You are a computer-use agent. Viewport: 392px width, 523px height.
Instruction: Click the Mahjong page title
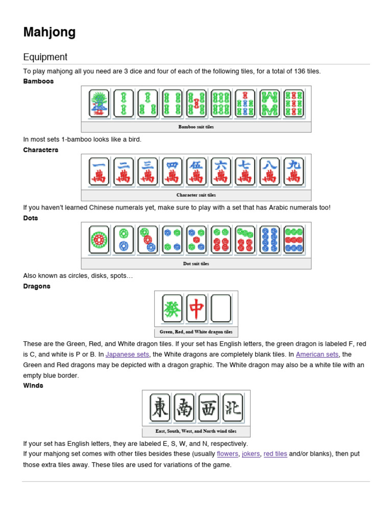click(50, 32)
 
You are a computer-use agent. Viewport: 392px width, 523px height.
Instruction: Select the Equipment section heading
click(45, 57)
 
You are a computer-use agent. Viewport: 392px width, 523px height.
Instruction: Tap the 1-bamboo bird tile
click(99, 104)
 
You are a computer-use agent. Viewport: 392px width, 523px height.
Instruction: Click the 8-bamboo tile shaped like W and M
click(269, 104)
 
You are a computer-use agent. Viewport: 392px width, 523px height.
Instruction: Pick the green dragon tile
click(172, 308)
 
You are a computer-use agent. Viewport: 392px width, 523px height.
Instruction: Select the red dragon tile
click(197, 308)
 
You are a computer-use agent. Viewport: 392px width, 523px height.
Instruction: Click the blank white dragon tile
click(221, 308)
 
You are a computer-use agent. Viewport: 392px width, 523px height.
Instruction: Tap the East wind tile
click(160, 408)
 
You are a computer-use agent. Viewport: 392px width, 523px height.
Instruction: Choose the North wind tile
click(233, 408)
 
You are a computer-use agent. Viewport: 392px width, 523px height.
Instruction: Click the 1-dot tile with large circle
click(99, 240)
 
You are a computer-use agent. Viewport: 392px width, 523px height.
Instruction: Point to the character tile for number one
click(99, 171)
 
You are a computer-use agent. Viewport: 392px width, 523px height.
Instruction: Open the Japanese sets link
click(127, 354)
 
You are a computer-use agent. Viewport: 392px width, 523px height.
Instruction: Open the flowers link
click(227, 454)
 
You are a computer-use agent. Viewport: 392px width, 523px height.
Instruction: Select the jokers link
click(251, 454)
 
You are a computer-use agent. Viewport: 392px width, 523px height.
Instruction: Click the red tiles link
click(275, 454)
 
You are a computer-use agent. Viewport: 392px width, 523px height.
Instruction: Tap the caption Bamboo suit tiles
click(196, 127)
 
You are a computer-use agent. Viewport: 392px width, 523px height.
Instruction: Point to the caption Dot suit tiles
click(196, 264)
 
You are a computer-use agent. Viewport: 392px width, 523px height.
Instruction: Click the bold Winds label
click(33, 386)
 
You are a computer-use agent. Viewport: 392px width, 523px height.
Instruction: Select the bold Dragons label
click(37, 287)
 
